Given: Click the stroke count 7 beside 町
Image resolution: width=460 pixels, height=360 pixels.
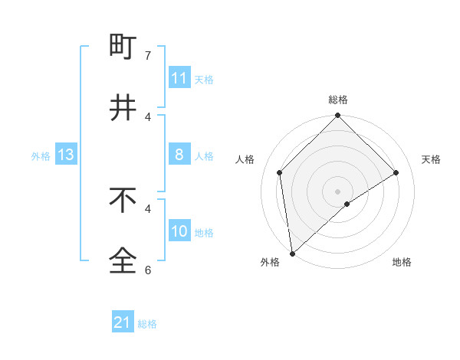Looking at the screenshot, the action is click(x=148, y=56).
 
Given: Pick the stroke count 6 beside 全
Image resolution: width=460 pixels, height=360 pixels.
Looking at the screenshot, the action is click(x=148, y=270).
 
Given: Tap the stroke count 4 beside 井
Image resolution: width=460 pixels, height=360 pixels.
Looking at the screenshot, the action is click(x=148, y=116).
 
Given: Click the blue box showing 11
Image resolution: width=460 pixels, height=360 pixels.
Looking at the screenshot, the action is click(x=179, y=78).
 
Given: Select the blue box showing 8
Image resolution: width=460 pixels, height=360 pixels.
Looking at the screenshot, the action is click(x=179, y=155).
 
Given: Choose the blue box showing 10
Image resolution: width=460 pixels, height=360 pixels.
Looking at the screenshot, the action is click(x=179, y=231).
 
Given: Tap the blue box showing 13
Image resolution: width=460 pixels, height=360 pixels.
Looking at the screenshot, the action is click(x=65, y=155).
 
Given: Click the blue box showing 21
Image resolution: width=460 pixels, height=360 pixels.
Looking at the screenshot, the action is click(x=123, y=322).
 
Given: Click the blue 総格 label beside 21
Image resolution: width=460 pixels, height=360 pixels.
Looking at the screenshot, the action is click(x=148, y=324).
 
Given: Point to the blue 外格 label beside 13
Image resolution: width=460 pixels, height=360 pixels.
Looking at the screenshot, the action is click(x=41, y=156).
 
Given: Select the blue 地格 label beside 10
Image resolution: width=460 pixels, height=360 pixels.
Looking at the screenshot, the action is click(x=205, y=233).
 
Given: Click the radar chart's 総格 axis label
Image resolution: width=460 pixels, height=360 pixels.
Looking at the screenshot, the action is click(x=338, y=100).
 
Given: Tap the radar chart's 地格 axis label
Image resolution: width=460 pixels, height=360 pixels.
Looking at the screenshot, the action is click(x=402, y=262).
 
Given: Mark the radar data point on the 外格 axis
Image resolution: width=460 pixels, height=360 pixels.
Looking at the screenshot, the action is click(x=292, y=253).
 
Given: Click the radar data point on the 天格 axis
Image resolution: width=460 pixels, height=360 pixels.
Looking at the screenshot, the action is click(x=396, y=172).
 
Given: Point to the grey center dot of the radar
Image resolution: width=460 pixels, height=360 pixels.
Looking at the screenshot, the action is click(x=338, y=191).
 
